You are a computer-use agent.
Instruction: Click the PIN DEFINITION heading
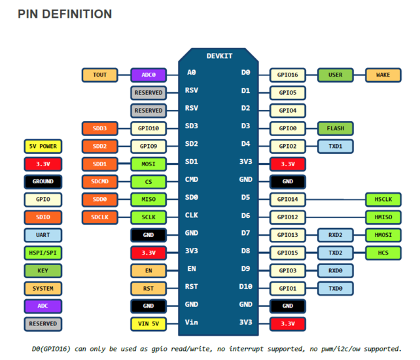pos(65,14)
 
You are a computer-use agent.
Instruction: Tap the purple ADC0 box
pos(149,75)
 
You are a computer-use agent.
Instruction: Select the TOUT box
pos(99,75)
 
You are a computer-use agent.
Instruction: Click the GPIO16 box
pos(287,75)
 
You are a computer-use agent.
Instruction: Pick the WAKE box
pos(383,75)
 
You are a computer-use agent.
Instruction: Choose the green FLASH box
pos(336,128)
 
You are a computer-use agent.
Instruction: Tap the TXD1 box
pos(336,147)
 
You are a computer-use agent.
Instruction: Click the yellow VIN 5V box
pos(149,324)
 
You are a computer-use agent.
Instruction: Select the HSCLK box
pos(383,200)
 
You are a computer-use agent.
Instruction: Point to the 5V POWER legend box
pos(43,147)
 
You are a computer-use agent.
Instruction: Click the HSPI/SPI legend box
pos(43,253)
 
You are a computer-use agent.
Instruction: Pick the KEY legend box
pos(43,271)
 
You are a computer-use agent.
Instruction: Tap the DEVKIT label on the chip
pos(219,56)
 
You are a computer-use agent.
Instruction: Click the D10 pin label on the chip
pos(245,287)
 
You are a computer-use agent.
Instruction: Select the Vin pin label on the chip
pos(192,322)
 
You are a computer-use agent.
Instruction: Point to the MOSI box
pos(149,164)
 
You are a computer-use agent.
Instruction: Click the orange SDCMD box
pos(99,181)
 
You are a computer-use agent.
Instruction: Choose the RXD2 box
pos(336,235)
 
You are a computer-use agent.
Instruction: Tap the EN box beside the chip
pos(149,271)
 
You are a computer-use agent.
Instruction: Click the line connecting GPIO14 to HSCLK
pos(336,200)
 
